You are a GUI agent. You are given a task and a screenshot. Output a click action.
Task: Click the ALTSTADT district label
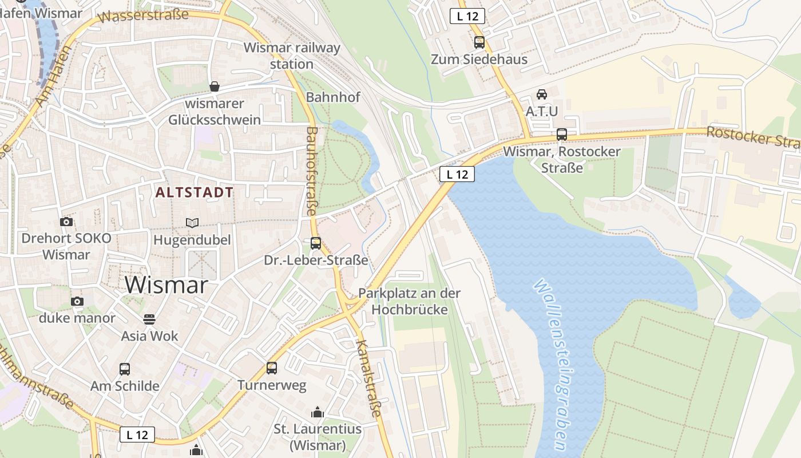click(x=195, y=192)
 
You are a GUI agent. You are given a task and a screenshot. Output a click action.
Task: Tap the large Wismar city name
click(x=166, y=285)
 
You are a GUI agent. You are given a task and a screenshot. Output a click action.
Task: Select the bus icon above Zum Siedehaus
click(x=479, y=42)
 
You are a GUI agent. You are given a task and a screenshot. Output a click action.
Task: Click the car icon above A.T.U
click(x=541, y=94)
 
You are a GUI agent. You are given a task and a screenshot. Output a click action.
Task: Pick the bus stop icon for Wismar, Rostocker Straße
click(x=562, y=135)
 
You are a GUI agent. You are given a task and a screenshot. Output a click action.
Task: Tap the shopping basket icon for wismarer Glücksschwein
click(x=215, y=86)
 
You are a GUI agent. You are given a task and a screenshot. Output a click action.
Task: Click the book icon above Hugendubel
click(x=192, y=223)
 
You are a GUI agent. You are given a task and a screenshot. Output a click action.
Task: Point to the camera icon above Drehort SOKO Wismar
click(x=66, y=222)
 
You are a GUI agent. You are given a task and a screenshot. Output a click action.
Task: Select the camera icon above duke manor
click(x=77, y=301)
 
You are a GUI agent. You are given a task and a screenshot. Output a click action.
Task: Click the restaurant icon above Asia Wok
click(x=149, y=319)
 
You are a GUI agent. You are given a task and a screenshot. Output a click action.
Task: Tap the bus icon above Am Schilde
click(x=125, y=369)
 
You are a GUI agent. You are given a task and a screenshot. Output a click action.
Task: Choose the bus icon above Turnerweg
click(x=272, y=368)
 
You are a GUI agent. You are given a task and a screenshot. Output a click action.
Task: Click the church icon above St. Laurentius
click(x=317, y=412)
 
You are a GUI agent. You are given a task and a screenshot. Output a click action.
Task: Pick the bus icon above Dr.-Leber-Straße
click(x=316, y=243)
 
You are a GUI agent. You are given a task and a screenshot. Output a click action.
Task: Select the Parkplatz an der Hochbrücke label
click(x=409, y=301)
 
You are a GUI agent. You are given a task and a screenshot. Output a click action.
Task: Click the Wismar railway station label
click(x=292, y=56)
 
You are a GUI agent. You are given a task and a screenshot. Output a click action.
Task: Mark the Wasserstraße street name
click(x=143, y=16)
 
